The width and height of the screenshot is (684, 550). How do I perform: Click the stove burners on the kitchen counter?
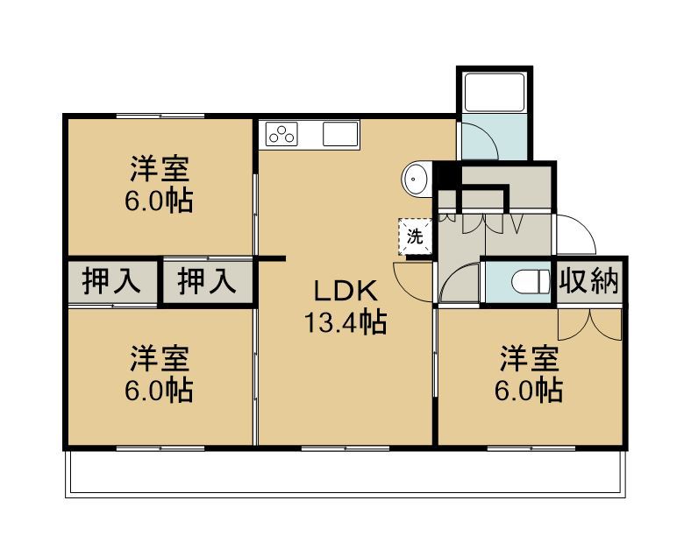click(281, 134)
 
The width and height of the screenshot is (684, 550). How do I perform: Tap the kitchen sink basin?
click(340, 134)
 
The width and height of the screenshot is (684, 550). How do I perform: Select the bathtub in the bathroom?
click(495, 92)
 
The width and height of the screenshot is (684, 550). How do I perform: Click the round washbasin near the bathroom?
click(416, 180)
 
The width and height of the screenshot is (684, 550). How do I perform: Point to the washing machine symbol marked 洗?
click(415, 236)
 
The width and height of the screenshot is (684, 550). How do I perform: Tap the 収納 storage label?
click(589, 281)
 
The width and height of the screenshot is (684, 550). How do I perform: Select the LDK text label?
click(346, 291)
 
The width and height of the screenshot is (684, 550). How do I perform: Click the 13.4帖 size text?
click(346, 322)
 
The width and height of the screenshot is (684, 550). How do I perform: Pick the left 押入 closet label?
click(111, 281)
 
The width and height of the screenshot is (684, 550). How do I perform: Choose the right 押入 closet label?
click(207, 281)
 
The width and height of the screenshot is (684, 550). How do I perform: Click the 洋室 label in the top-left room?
click(160, 169)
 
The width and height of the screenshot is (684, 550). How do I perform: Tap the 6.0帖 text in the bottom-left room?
click(160, 391)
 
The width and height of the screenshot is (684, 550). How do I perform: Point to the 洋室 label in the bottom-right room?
click(529, 359)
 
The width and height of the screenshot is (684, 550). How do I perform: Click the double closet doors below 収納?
click(589, 324)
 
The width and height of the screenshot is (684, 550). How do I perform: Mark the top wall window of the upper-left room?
click(160, 116)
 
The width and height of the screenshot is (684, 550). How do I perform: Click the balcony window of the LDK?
click(346, 448)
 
